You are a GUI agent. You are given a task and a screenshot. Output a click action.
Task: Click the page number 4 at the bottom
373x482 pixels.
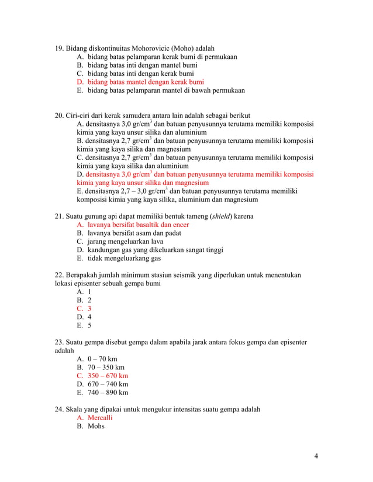(316, 456)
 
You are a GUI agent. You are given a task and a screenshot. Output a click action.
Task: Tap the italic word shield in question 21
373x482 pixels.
(221, 216)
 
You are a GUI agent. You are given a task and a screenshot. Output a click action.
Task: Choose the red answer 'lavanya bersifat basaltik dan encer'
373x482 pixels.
(138, 225)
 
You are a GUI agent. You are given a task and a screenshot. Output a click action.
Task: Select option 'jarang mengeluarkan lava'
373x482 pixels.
(126, 242)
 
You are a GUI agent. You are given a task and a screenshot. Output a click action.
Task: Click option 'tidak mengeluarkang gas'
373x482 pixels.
(125, 259)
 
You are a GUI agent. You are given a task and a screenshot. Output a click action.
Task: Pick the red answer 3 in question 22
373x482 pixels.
(89, 309)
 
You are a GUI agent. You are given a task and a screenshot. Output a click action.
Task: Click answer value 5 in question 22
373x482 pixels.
(89, 326)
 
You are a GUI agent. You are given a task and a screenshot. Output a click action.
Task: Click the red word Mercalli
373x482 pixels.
(100, 418)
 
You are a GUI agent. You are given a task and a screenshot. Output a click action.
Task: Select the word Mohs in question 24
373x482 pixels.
(96, 427)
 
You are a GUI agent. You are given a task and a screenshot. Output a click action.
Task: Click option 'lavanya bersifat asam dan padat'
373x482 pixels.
(134, 233)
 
